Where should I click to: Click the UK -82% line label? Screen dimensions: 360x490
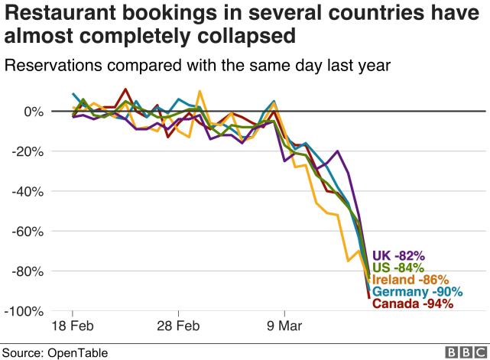pyautogui.click(x=398, y=255)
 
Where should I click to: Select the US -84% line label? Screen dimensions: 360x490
pyautogui.click(x=398, y=268)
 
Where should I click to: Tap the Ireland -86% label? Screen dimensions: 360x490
pyautogui.click(x=410, y=280)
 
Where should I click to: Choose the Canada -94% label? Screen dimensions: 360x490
pyautogui.click(x=413, y=304)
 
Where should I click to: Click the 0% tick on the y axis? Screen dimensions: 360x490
pyautogui.click(x=34, y=112)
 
